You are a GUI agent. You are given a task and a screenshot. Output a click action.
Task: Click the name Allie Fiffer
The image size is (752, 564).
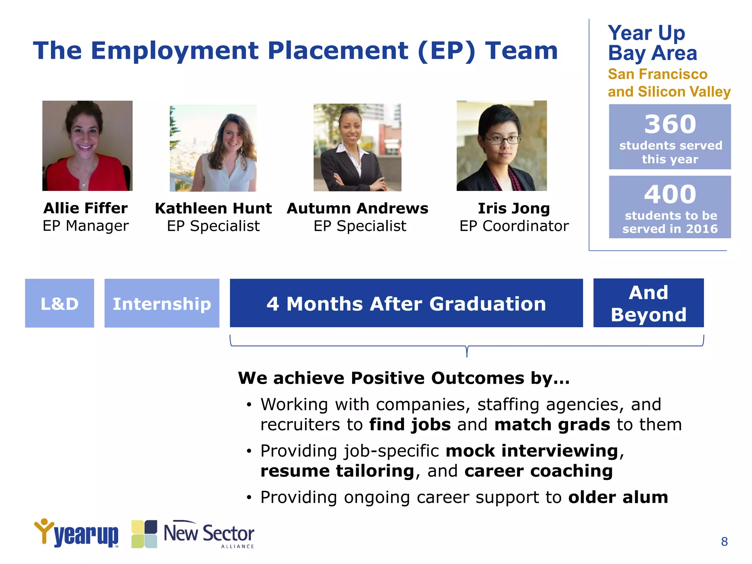(x=86, y=208)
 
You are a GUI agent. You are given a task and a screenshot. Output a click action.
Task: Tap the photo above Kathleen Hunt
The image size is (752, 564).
(x=213, y=148)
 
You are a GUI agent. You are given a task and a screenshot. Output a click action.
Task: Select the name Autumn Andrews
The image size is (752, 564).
(x=357, y=208)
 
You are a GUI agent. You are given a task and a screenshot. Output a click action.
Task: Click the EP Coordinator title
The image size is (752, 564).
(x=514, y=226)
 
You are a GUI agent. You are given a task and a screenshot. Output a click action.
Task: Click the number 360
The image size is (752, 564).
(x=670, y=124)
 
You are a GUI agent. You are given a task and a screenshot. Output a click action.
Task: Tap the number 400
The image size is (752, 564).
(x=670, y=194)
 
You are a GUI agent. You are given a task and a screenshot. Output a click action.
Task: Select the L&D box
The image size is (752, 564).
(x=59, y=303)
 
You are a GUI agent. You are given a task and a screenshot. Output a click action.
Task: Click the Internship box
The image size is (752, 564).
(x=162, y=303)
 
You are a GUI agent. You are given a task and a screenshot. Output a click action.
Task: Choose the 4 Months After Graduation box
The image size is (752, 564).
(x=406, y=303)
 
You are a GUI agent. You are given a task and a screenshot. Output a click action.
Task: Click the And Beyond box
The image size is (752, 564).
(x=648, y=303)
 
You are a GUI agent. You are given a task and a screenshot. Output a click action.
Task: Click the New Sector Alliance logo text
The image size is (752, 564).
(x=209, y=534)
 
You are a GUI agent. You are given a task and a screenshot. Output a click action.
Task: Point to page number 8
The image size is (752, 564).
(x=724, y=542)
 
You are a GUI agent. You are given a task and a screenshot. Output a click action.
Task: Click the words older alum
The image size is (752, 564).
(x=618, y=497)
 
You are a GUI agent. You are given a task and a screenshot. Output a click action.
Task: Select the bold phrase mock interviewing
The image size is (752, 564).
(x=532, y=451)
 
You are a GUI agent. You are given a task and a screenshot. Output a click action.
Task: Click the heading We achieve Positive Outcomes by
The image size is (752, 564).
(x=404, y=378)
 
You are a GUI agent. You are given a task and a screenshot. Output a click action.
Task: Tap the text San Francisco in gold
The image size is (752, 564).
(x=657, y=74)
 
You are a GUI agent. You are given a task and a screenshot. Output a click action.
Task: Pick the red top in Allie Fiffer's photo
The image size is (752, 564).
(x=62, y=173)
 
